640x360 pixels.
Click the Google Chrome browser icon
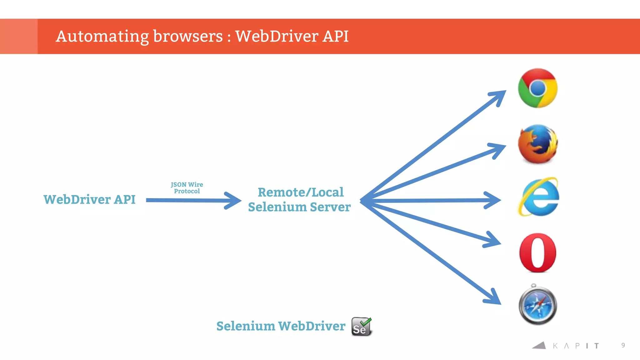[x=537, y=88]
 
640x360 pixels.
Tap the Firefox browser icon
[x=538, y=144]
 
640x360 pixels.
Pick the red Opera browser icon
[x=537, y=252]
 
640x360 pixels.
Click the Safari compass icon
[x=537, y=305]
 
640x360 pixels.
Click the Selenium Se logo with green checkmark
[x=362, y=327]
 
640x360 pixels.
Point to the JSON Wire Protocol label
[x=187, y=188]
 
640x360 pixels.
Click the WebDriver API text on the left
[x=89, y=200]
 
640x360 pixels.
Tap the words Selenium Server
[x=299, y=207]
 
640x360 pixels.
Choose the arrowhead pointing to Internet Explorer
[x=494, y=200]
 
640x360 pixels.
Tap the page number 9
[x=623, y=345]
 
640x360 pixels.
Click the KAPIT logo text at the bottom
[x=575, y=346]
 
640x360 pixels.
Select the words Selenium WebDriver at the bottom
[x=281, y=326]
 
